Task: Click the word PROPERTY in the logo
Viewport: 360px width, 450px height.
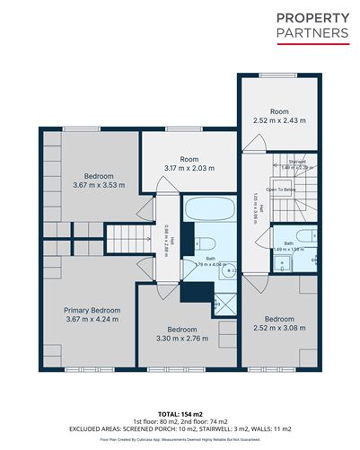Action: pos(312,18)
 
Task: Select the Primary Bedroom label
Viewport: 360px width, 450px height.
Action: pos(92,310)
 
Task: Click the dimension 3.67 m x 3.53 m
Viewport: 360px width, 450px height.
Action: pos(92,185)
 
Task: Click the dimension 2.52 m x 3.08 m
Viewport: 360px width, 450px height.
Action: pos(280,328)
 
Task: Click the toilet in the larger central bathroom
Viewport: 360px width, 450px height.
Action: pos(203,243)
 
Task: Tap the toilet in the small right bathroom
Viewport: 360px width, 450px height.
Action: pos(305,235)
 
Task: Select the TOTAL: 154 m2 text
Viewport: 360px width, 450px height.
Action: pos(180,414)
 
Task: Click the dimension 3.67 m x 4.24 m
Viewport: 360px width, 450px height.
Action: pos(92,320)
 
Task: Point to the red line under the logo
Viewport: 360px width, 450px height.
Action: pos(312,44)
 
